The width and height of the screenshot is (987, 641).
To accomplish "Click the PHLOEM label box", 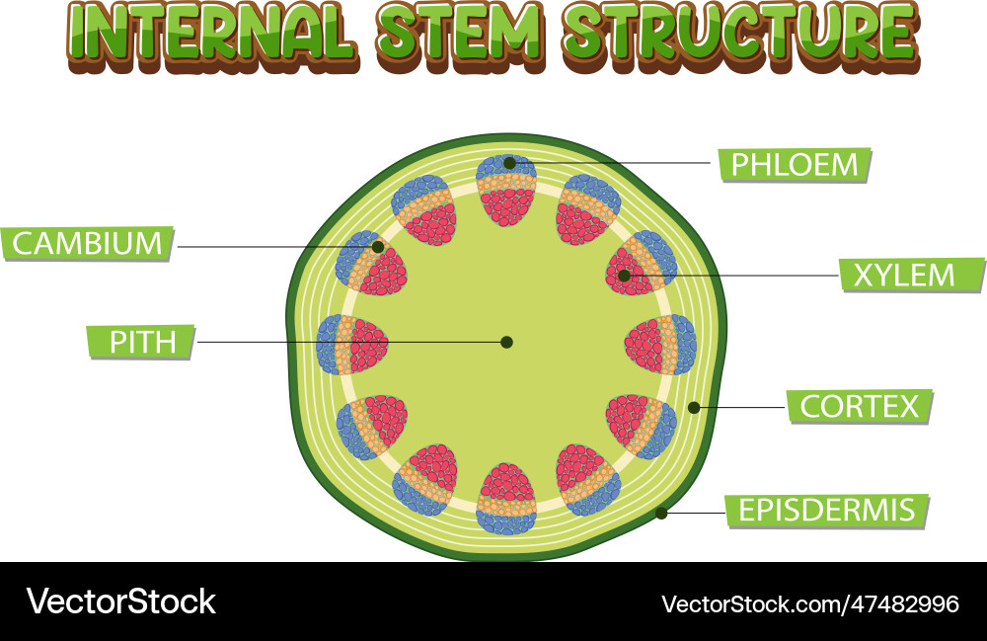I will click(x=795, y=165).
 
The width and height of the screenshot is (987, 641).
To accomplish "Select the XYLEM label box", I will click(x=911, y=275).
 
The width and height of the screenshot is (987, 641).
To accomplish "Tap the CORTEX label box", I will click(x=859, y=406).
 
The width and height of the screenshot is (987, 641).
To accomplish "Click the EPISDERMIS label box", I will click(x=827, y=511).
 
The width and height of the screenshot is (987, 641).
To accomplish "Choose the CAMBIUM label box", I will click(x=87, y=243).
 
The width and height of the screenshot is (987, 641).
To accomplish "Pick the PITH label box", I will click(x=141, y=342).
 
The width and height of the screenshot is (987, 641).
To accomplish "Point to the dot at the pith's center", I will click(x=506, y=342).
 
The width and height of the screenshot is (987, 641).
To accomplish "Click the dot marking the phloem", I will click(x=509, y=163).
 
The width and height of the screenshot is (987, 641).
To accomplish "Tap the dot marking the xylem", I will click(x=625, y=276).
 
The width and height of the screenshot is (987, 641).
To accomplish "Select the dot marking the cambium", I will click(x=378, y=247).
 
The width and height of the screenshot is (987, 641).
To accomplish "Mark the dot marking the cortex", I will click(x=694, y=407).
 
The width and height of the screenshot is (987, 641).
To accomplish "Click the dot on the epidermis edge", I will click(x=661, y=513).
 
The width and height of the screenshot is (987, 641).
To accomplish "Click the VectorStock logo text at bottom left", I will click(x=120, y=601).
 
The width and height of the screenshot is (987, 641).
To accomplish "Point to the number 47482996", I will click(x=907, y=603).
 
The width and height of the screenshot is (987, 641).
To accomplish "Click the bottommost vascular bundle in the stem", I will click(x=506, y=499).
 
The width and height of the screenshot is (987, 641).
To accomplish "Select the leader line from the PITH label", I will click(x=350, y=342).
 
